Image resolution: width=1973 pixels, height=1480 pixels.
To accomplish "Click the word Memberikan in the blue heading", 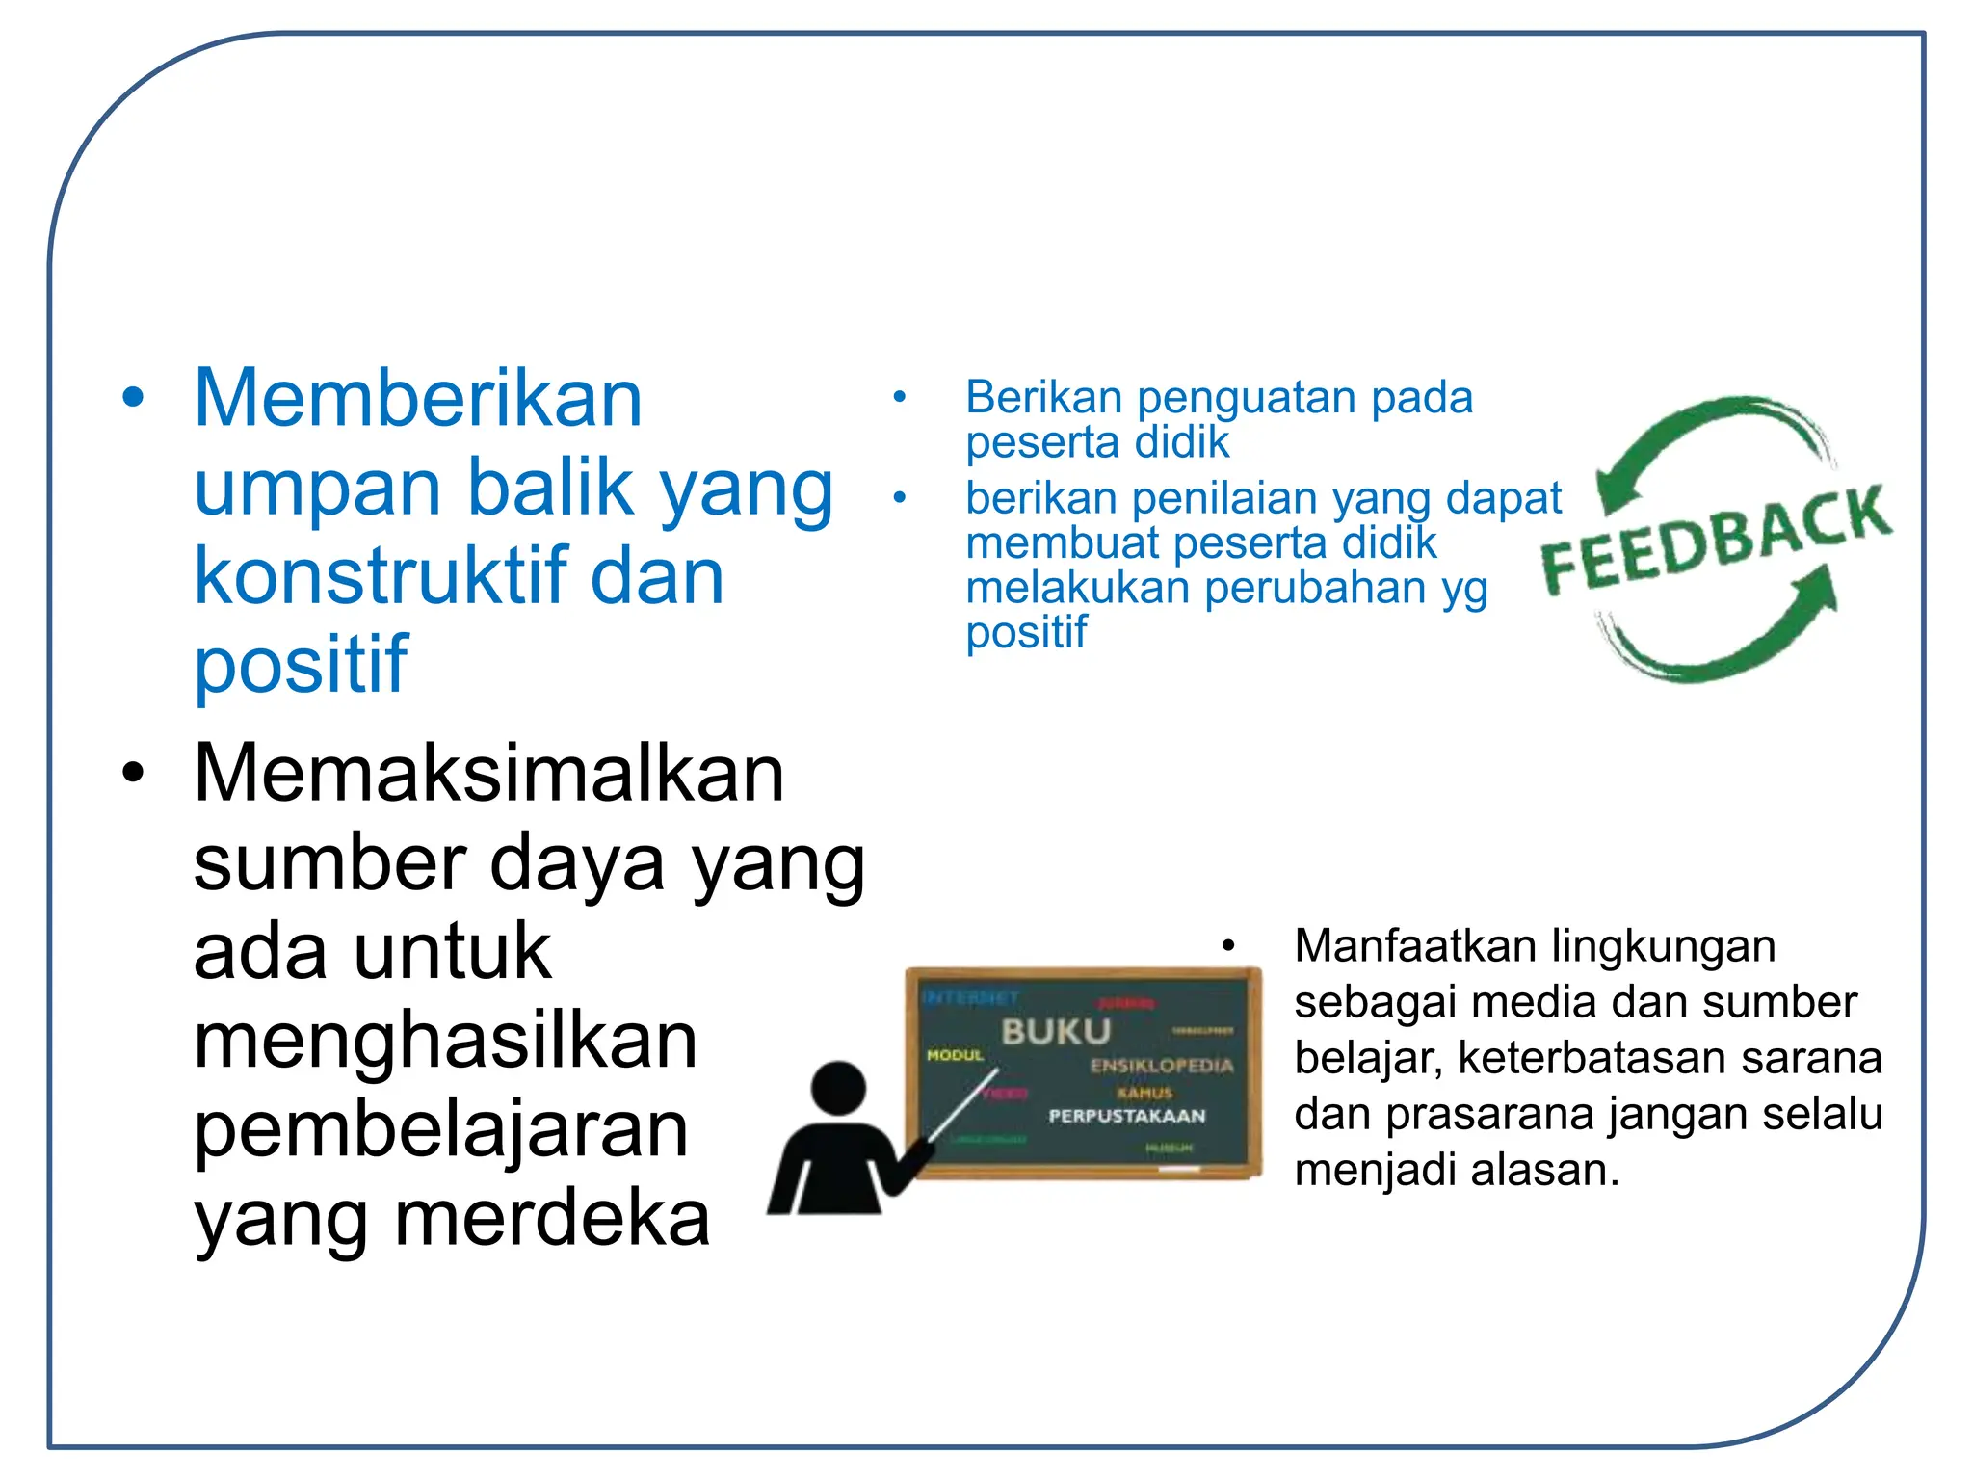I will [417, 399].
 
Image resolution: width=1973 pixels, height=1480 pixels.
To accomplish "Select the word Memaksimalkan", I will [488, 774].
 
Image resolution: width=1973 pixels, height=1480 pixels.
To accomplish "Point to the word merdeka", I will [552, 1219].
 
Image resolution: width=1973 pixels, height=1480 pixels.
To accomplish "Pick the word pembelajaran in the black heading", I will [440, 1130].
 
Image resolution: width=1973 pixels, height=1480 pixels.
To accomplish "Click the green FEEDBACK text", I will [1715, 540].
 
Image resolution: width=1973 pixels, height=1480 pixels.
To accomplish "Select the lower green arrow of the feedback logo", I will [1734, 636].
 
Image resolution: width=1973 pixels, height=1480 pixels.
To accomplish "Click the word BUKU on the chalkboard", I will [1056, 1032].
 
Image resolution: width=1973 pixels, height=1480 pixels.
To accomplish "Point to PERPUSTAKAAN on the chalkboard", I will [1126, 1116].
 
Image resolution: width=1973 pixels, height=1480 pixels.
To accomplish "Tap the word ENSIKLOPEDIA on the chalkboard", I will [1161, 1066].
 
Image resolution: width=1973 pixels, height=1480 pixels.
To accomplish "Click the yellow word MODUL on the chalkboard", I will [954, 1055].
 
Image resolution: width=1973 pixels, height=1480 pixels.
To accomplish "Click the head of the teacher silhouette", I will [838, 1088].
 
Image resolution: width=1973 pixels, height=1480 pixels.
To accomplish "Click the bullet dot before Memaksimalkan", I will [133, 774].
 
